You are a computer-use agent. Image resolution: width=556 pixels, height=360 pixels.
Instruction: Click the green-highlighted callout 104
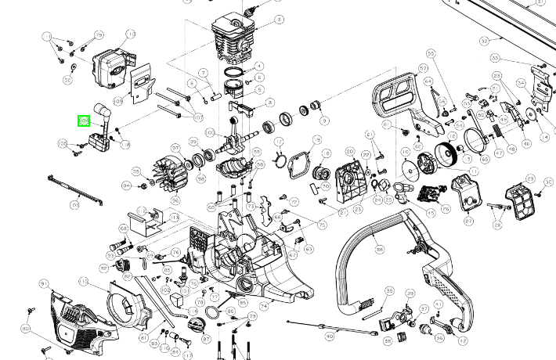[x=82, y=121]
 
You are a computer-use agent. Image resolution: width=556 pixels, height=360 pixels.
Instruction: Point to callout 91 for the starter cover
[x=45, y=282]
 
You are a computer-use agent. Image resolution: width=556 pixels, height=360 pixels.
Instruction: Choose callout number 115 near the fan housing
[x=83, y=280]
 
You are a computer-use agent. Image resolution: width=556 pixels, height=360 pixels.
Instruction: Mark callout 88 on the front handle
[x=380, y=250]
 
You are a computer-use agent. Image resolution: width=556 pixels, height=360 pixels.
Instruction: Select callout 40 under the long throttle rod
[x=329, y=334]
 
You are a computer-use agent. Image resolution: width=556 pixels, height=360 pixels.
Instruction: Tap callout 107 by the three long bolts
[x=198, y=117]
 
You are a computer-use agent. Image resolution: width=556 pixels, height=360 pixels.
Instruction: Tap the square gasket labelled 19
[x=298, y=165]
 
